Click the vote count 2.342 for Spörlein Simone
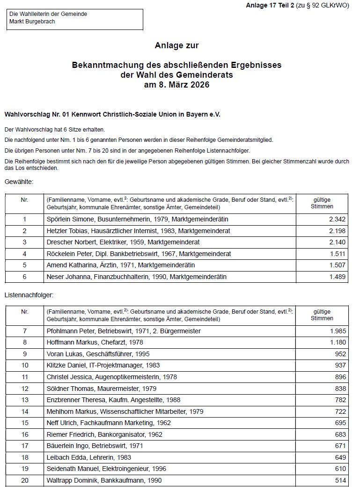coord(337,220)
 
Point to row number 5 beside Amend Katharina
coord(24,265)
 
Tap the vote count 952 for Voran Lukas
coord(340,354)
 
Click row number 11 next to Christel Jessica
coord(25,377)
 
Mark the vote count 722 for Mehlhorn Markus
coord(340,411)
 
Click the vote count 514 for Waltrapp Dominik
coord(340,480)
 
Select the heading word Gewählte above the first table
coord(19,181)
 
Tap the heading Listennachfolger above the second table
coord(29,296)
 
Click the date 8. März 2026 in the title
coord(176,85)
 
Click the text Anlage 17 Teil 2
coord(270,6)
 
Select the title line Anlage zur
coord(176,45)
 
